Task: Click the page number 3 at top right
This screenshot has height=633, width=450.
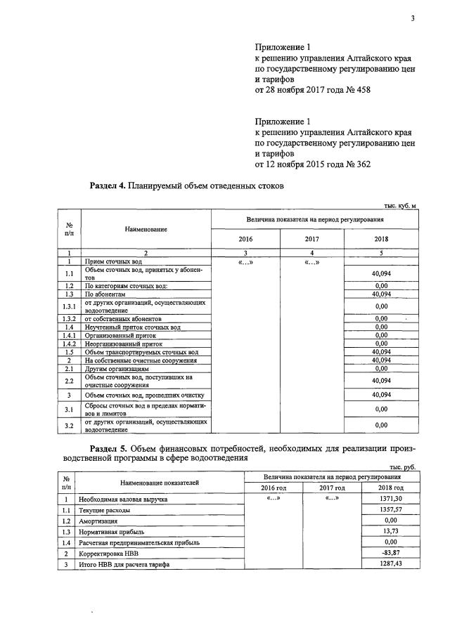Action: click(413, 18)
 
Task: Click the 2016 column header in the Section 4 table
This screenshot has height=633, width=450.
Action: click(245, 239)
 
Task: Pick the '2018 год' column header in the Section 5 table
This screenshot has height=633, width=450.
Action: click(390, 488)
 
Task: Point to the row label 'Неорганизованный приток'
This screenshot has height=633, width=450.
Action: click(120, 344)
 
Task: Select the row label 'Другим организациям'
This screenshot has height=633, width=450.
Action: click(117, 368)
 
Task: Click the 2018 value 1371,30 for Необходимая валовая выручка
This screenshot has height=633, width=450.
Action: click(390, 498)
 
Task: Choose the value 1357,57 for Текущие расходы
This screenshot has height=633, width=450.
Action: click(390, 510)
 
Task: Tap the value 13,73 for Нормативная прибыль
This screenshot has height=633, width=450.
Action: click(390, 533)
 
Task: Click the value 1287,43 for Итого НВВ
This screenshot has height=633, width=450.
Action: click(390, 565)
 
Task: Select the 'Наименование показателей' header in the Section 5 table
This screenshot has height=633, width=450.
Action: click(159, 482)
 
